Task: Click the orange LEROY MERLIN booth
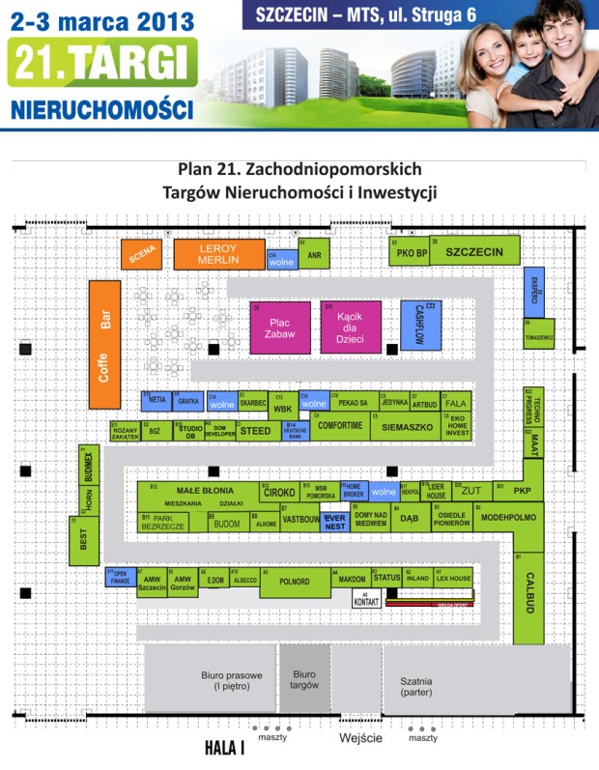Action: tap(218, 254)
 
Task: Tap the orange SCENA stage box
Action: tap(142, 253)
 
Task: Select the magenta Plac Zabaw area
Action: tap(279, 328)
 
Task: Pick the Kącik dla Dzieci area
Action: tap(351, 328)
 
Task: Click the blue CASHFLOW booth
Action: tap(420, 326)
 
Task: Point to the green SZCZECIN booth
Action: tap(474, 252)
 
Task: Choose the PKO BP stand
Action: tap(409, 253)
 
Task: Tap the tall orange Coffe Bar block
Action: tap(104, 344)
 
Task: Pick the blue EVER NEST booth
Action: tap(334, 523)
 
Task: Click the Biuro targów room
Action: tap(304, 679)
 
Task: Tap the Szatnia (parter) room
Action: tap(429, 686)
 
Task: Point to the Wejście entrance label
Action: tap(360, 738)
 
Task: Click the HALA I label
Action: tap(224, 748)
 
